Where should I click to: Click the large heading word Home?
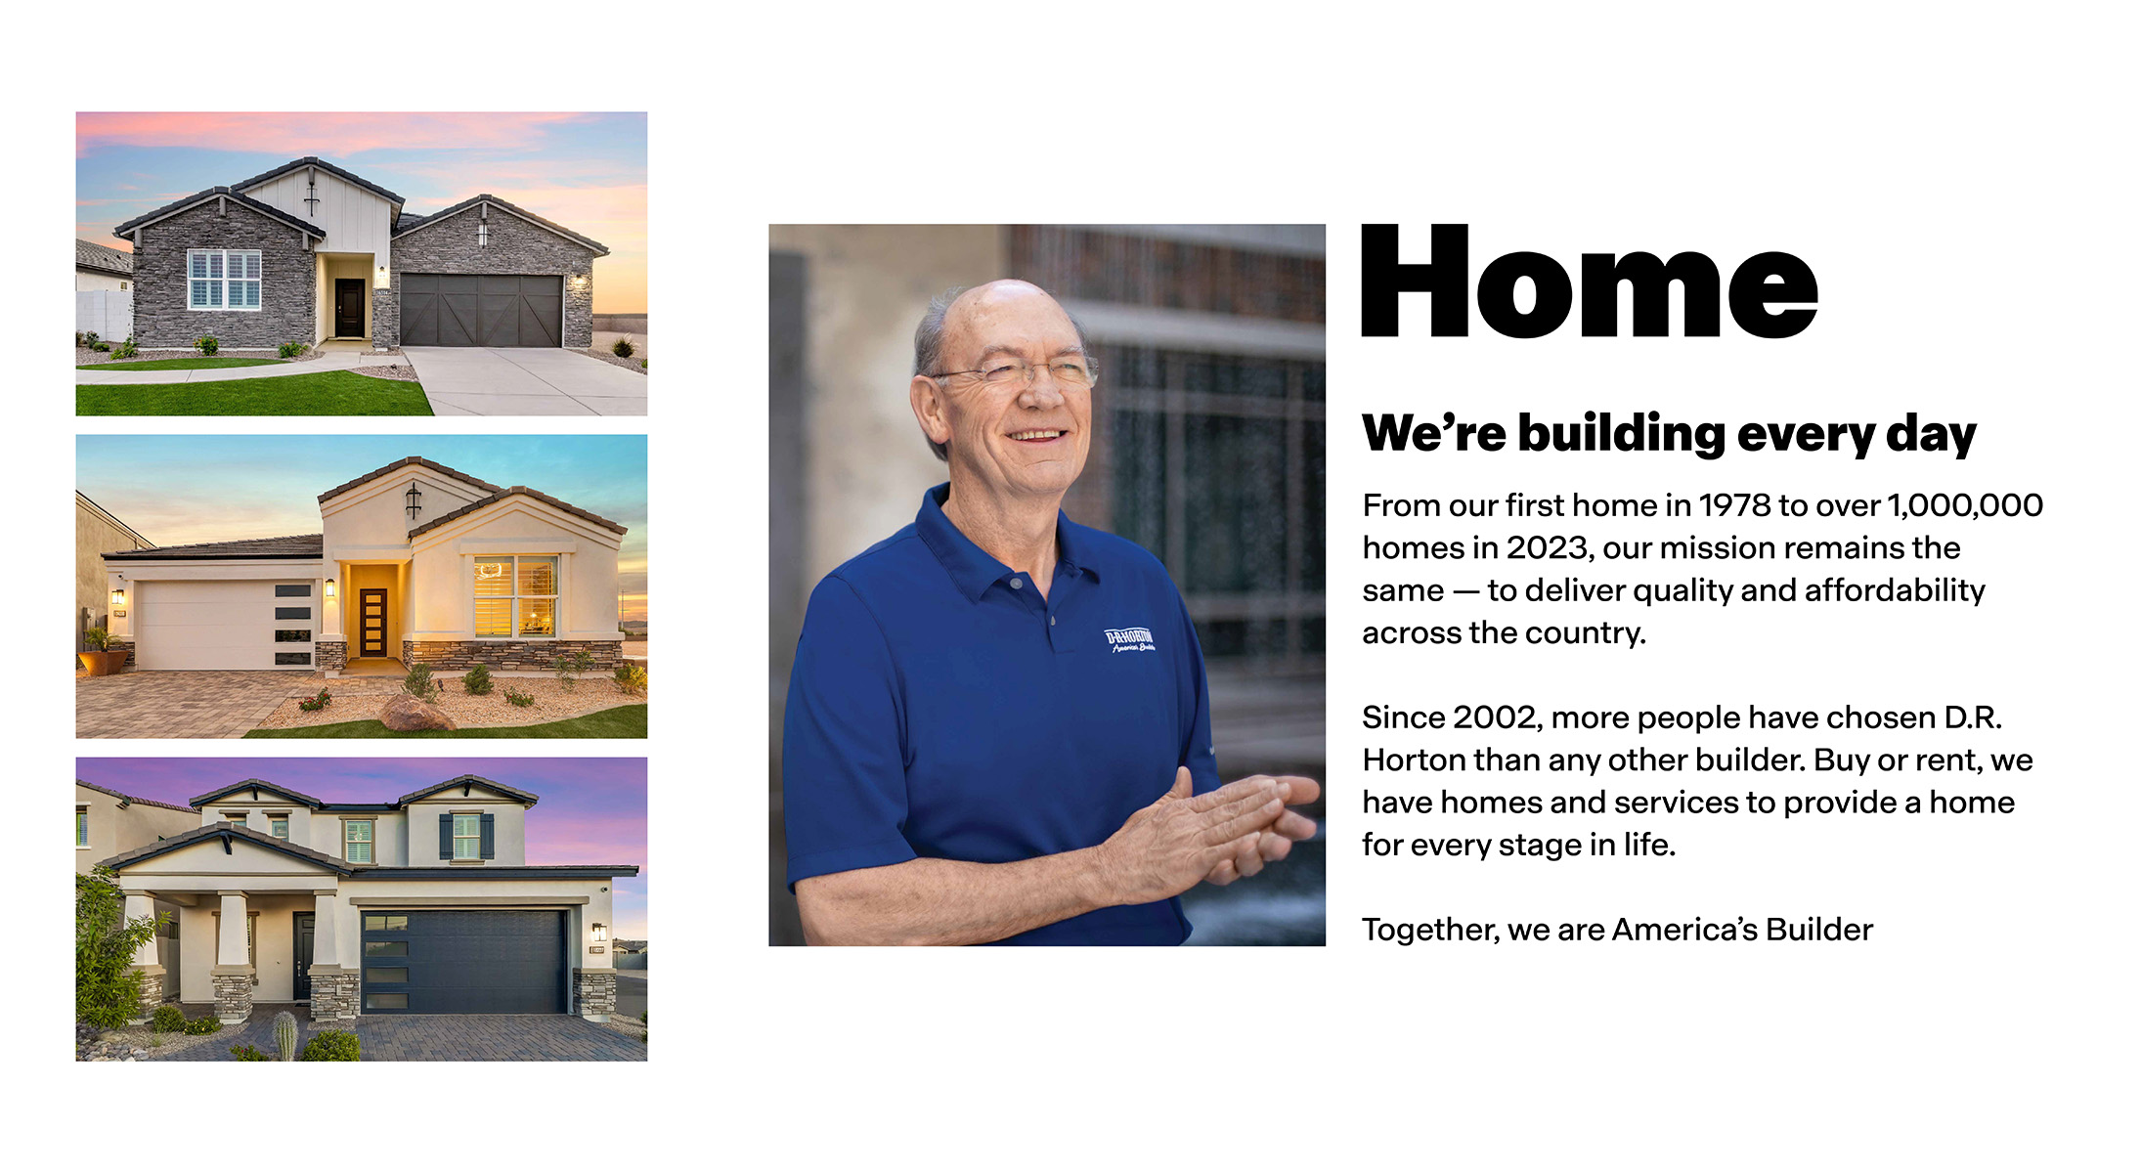point(1590,281)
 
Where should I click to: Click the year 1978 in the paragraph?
point(1735,505)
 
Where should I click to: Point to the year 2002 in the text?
point(1497,717)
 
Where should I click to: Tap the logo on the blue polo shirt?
point(1130,640)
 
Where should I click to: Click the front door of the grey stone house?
point(349,307)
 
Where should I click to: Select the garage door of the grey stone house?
point(481,310)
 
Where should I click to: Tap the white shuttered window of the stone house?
point(224,279)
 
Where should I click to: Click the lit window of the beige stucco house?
point(515,596)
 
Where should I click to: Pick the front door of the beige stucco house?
point(372,623)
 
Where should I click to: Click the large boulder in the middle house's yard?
point(416,714)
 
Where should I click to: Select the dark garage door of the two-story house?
point(464,962)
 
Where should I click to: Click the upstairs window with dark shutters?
point(466,837)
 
